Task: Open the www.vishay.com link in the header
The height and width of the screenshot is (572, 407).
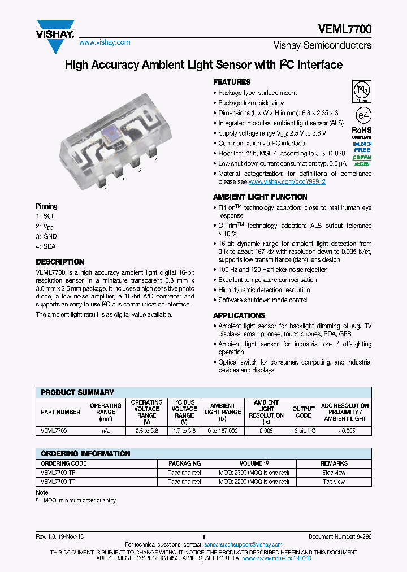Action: click(105, 42)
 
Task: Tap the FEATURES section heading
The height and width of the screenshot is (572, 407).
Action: click(232, 82)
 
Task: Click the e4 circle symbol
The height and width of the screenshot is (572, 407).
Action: click(362, 115)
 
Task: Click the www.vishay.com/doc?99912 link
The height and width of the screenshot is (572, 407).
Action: click(287, 182)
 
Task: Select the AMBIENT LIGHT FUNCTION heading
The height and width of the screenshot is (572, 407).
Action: click(260, 197)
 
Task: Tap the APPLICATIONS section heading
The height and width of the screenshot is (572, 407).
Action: click(239, 315)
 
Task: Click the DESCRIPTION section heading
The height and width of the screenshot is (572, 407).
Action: click(60, 262)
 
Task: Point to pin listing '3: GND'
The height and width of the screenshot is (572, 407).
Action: click(46, 236)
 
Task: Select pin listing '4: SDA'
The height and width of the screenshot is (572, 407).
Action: click(46, 246)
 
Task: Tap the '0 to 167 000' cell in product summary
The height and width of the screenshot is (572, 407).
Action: click(222, 431)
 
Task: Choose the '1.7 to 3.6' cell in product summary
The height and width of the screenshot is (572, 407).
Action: click(184, 431)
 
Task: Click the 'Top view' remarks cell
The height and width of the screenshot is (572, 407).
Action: click(334, 482)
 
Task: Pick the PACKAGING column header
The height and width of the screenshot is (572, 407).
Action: click(184, 463)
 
